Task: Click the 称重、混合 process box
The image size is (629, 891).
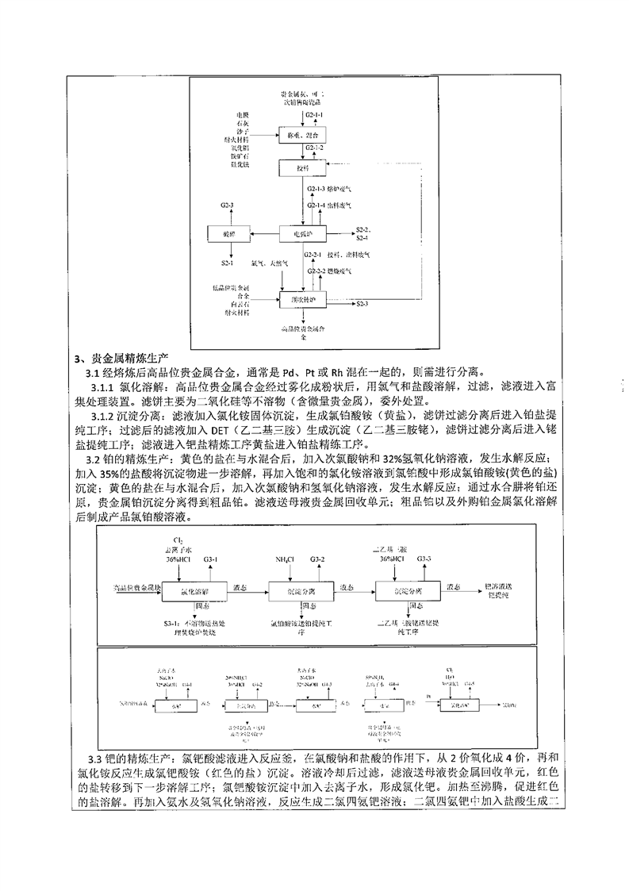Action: point(303,135)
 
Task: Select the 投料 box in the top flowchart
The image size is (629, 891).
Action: point(303,168)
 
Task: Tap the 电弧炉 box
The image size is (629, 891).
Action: point(303,234)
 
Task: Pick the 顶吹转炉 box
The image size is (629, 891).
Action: point(303,299)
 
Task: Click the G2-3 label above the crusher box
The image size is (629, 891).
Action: point(228,206)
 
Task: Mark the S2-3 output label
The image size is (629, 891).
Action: point(362,305)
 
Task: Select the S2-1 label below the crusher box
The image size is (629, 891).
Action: point(228,262)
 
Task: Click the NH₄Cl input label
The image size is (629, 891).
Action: point(283,559)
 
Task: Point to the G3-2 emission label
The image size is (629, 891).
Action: point(317,559)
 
